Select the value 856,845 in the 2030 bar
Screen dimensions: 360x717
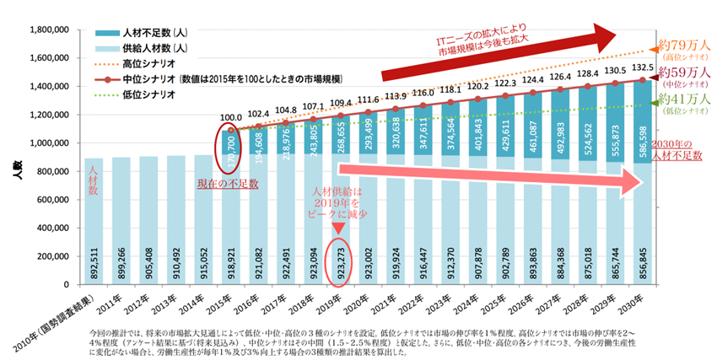tap(641, 252)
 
